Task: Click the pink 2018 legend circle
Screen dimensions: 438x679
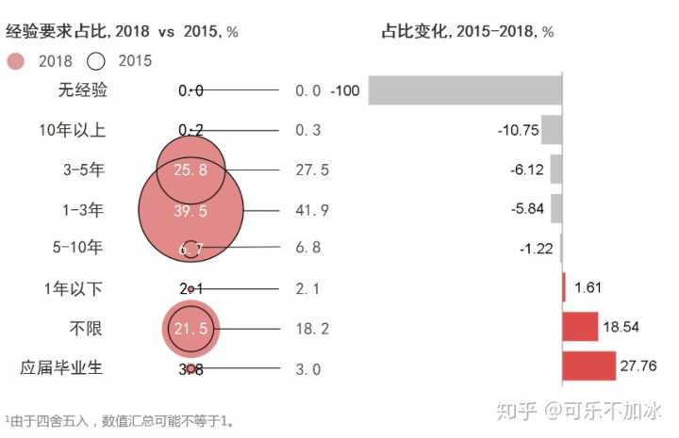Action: tap(15, 61)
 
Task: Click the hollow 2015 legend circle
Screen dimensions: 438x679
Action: tap(95, 61)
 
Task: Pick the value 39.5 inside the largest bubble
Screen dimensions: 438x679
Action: tap(190, 210)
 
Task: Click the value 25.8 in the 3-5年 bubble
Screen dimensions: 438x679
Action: tap(190, 170)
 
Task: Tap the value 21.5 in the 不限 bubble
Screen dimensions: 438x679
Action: tap(190, 330)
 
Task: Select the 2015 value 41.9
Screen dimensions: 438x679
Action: tap(311, 210)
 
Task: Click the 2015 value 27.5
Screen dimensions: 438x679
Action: tap(311, 170)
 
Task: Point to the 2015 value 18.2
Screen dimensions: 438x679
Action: tap(311, 330)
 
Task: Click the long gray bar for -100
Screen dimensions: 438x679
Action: tap(465, 90)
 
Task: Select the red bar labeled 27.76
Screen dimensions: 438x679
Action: tap(589, 365)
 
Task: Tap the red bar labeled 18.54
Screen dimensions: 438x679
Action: tap(580, 327)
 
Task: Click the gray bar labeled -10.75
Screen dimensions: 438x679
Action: tap(552, 129)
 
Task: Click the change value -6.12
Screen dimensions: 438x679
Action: tap(526, 170)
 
